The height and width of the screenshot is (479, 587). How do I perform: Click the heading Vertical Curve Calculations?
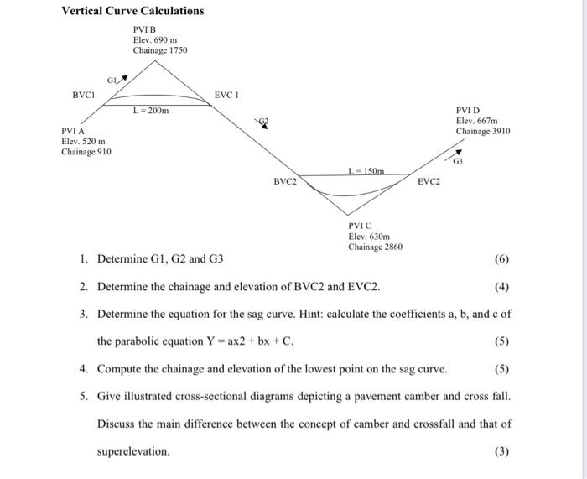(132, 11)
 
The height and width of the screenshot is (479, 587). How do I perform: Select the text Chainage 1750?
(160, 50)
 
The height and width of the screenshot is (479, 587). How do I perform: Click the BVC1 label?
(85, 95)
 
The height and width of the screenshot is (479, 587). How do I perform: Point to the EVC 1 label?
(227, 95)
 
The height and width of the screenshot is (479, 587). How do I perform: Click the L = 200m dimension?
(152, 111)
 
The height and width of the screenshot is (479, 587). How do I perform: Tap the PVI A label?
(73, 131)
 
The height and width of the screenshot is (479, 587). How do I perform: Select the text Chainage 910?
(86, 152)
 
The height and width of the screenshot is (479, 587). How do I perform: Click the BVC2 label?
(285, 181)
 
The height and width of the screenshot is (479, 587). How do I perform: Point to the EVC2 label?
(429, 181)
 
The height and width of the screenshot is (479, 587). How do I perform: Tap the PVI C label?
(360, 226)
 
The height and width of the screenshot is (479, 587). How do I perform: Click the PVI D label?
(468, 110)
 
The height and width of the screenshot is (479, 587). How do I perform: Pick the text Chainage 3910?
(483, 131)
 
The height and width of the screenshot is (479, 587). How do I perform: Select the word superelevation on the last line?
(133, 451)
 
